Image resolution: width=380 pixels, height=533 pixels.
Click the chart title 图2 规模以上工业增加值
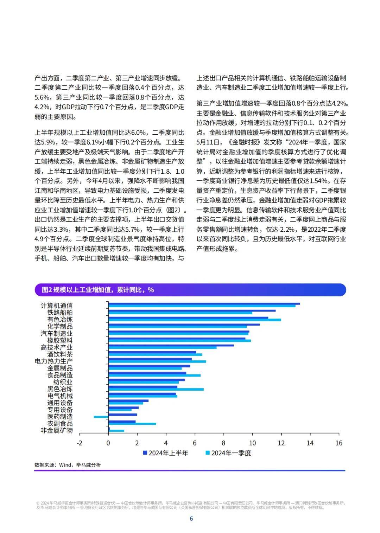coord(98,290)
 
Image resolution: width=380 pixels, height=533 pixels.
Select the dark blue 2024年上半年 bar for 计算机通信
coord(204,303)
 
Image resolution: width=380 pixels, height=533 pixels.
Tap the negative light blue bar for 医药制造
coord(101,417)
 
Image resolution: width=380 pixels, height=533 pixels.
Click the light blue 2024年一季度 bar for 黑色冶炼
coord(156,390)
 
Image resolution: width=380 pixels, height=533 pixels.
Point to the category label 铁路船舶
coord(60,313)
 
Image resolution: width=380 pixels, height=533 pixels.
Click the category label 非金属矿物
coord(57,430)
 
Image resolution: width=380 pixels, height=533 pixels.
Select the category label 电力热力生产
coord(53,361)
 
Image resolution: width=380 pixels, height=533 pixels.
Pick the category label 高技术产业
coord(57,347)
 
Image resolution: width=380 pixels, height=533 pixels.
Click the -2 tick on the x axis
coord(80,443)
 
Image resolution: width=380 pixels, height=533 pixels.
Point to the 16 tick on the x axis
coord(338,443)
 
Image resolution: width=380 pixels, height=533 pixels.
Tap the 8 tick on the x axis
coord(223,443)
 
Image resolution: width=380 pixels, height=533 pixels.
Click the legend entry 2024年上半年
coord(165,453)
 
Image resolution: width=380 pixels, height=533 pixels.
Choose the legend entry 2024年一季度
coord(228,453)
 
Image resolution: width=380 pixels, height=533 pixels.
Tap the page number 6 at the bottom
coord(191,519)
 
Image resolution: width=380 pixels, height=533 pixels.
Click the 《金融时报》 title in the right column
coord(243,142)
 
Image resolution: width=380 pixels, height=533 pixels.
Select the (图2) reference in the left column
coord(175,210)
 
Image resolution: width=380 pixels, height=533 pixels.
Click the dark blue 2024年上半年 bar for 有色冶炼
coord(188,317)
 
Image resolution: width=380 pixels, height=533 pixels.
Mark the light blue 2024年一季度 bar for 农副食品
coord(132,424)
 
